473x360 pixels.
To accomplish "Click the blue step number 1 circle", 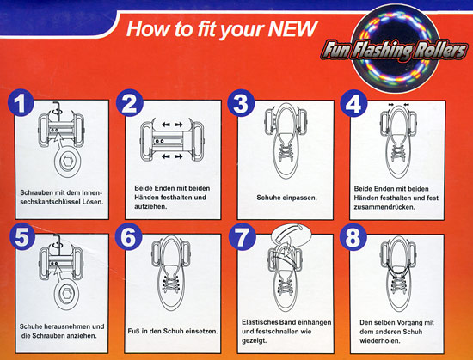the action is point(21,103).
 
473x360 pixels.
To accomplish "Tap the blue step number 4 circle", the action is point(353,103).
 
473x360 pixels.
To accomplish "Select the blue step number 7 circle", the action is point(243,236).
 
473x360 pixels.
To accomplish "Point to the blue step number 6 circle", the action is point(129,236).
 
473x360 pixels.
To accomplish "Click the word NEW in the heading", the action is point(292,29).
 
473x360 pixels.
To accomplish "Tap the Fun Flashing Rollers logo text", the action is point(395,51).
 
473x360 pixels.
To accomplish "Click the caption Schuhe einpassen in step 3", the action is point(286,198).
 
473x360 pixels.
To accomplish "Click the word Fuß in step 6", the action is point(133,331).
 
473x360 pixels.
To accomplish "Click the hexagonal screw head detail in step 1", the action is point(67,162).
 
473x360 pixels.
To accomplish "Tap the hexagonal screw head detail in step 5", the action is point(67,295).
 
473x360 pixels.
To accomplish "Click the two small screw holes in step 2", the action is point(159,141).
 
